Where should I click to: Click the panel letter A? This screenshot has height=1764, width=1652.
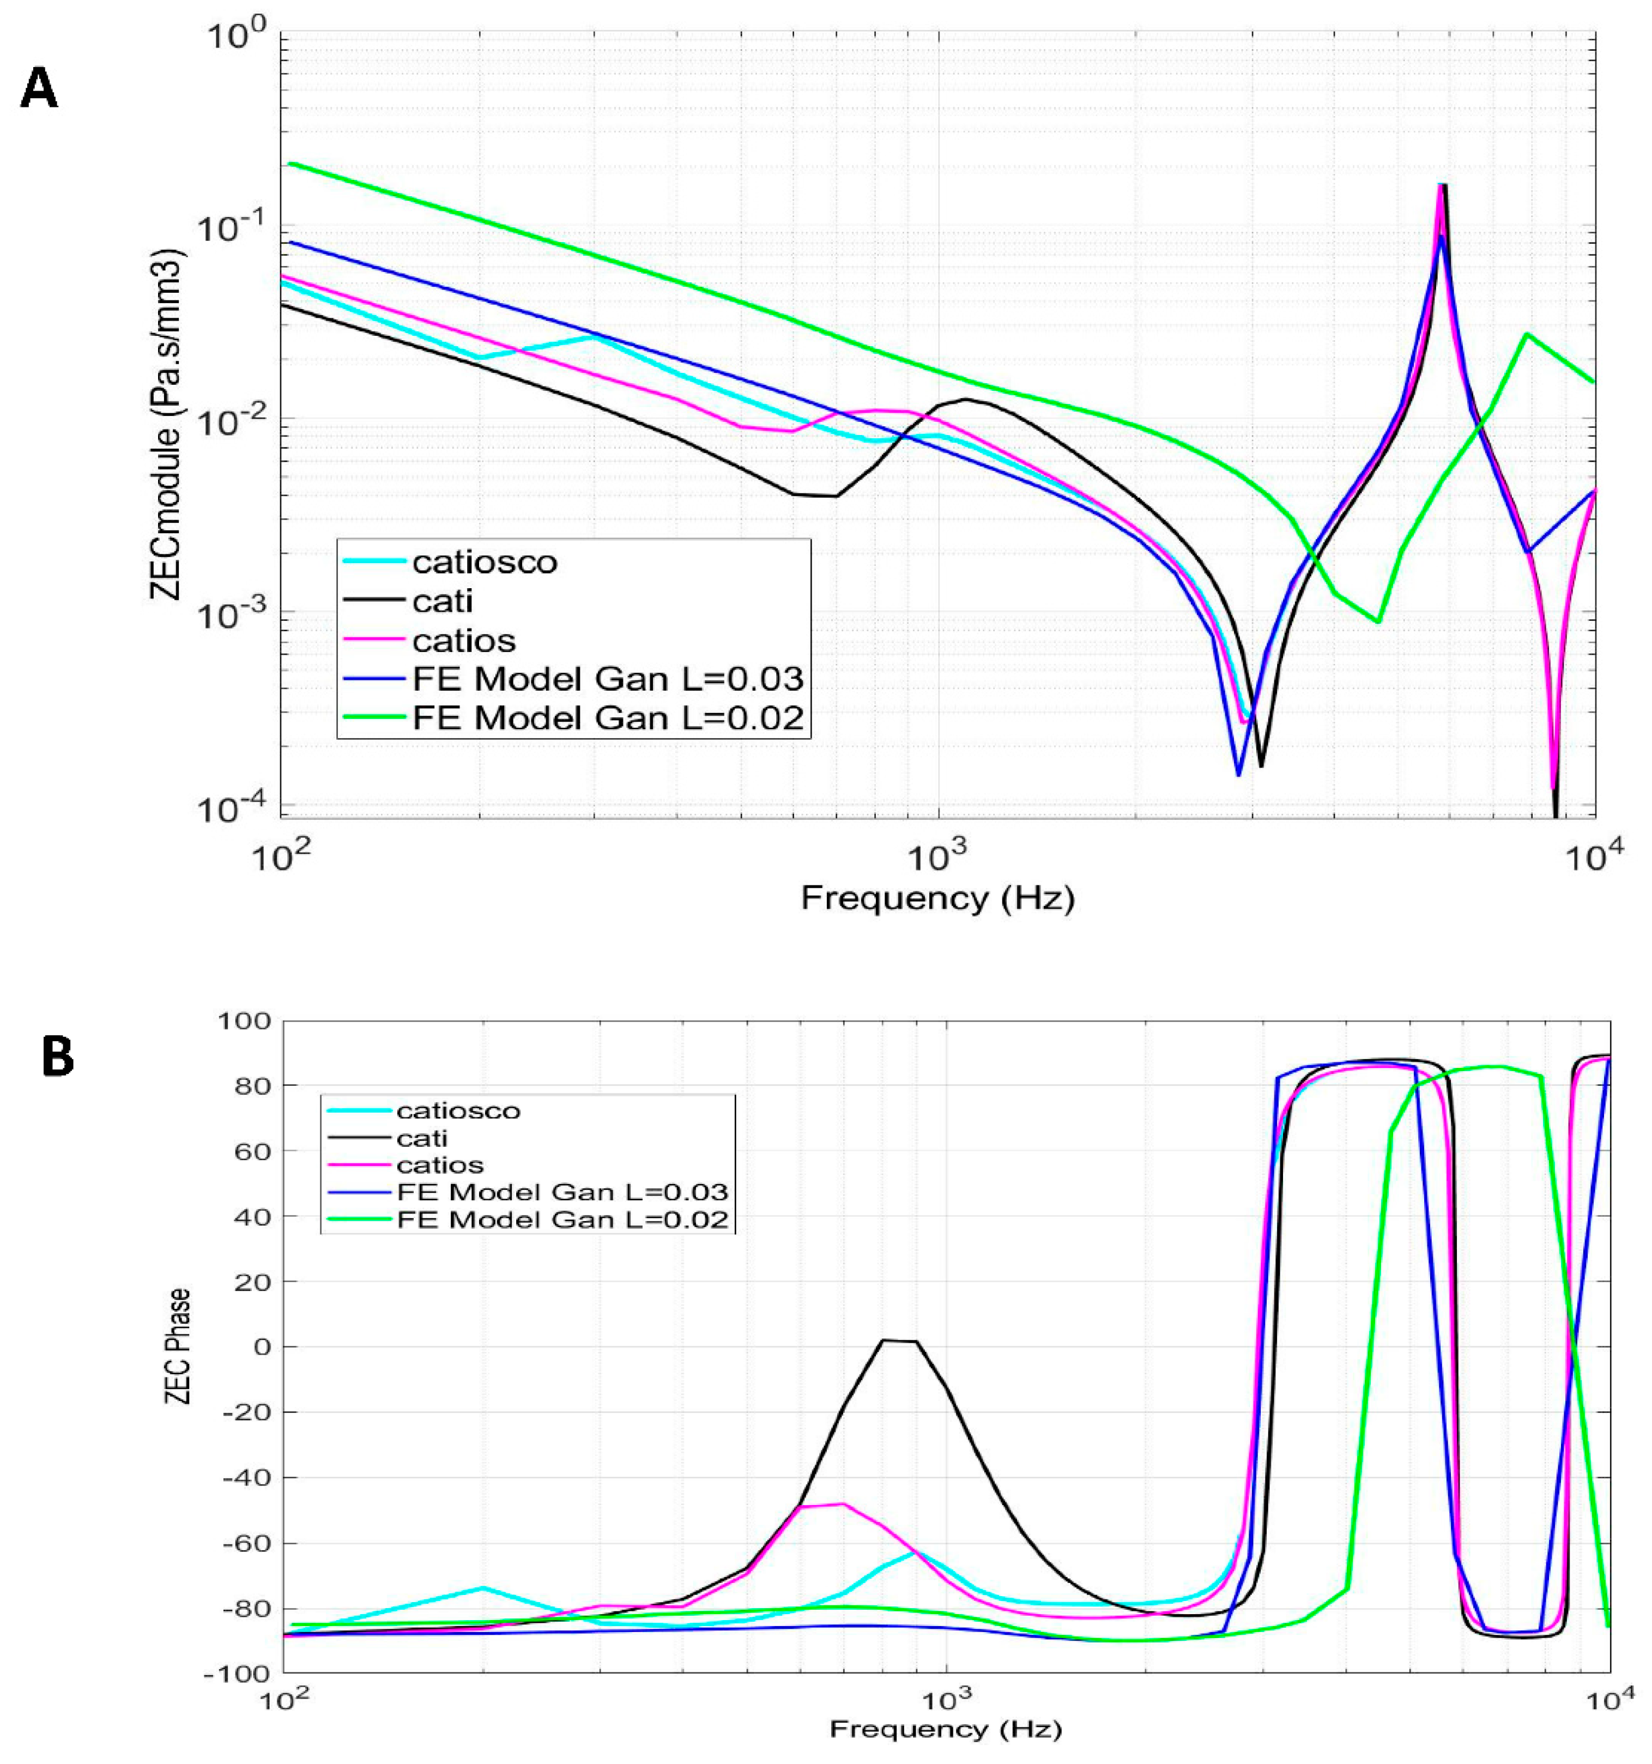click(x=39, y=89)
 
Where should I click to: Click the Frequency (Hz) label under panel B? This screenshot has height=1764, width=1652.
click(x=945, y=1729)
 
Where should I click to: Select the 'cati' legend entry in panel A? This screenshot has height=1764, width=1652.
click(x=442, y=602)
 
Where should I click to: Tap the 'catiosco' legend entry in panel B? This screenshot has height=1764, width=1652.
click(x=458, y=1110)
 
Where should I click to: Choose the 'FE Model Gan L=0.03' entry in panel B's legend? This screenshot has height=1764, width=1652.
click(x=562, y=1192)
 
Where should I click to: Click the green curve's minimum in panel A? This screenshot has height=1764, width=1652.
click(x=1378, y=621)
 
